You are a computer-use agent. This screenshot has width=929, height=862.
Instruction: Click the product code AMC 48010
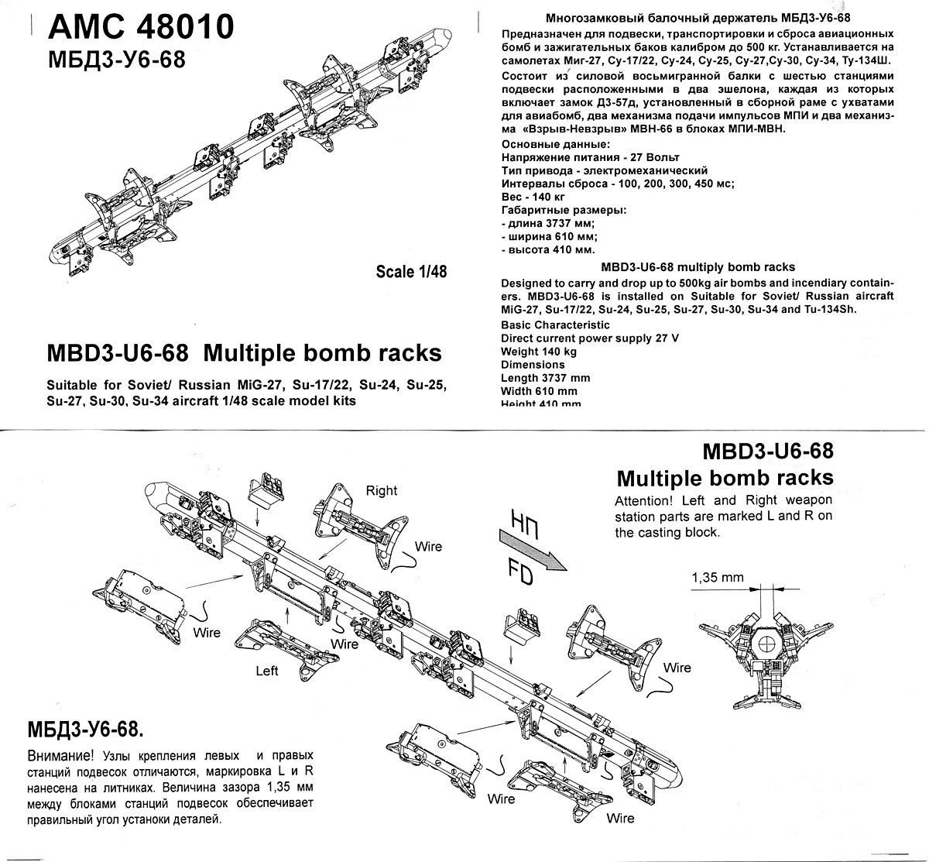pyautogui.click(x=141, y=27)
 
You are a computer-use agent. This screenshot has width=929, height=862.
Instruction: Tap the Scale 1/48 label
pyautogui.click(x=411, y=271)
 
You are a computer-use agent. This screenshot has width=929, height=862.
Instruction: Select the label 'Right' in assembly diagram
pyautogui.click(x=381, y=490)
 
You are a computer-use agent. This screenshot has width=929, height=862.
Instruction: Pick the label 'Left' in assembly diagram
pyautogui.click(x=267, y=670)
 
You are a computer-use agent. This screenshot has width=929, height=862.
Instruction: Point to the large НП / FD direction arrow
pyautogui.click(x=534, y=552)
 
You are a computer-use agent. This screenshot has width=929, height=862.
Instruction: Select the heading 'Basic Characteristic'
pyautogui.click(x=555, y=325)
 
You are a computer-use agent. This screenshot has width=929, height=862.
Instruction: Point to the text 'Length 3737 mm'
pyautogui.click(x=545, y=378)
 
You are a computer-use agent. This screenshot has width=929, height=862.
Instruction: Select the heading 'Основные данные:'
pyautogui.click(x=555, y=144)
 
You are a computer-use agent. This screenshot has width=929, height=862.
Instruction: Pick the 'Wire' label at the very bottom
pyautogui.click(x=620, y=818)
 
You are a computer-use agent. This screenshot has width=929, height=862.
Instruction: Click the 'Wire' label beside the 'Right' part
pyautogui.click(x=428, y=547)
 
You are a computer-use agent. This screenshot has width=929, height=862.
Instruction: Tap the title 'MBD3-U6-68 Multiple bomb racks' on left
pyautogui.click(x=245, y=353)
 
